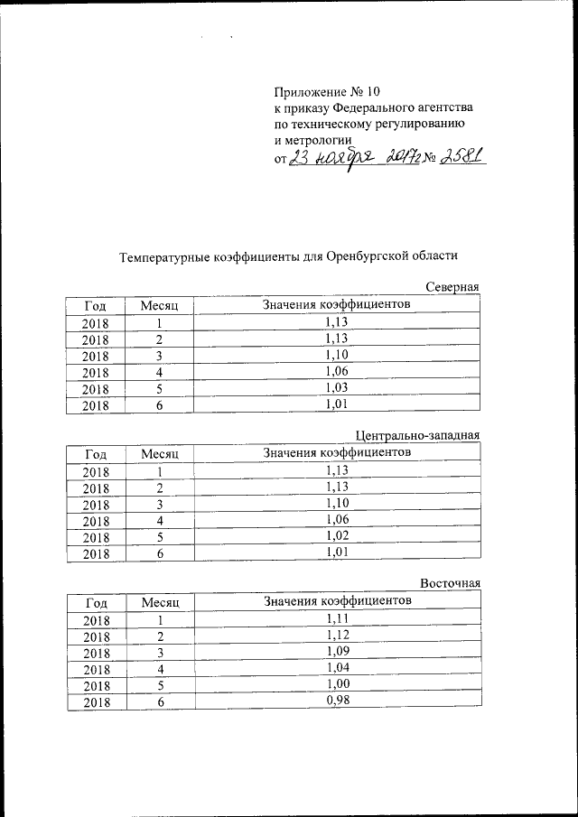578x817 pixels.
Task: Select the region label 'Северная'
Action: [x=451, y=287]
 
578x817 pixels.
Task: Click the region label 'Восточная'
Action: [x=449, y=583]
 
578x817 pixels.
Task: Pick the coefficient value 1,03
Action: [x=336, y=387]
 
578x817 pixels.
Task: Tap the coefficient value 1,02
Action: [x=336, y=535]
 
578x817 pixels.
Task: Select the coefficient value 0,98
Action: [x=336, y=700]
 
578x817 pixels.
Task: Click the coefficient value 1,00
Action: [x=336, y=683]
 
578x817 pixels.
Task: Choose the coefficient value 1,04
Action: [x=336, y=667]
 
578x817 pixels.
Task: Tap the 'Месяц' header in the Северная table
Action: [x=159, y=306]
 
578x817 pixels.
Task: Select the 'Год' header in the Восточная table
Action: [x=94, y=602]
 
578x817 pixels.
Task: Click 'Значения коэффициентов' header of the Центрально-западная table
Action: [x=336, y=452]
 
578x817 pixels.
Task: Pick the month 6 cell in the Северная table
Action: [x=158, y=405]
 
